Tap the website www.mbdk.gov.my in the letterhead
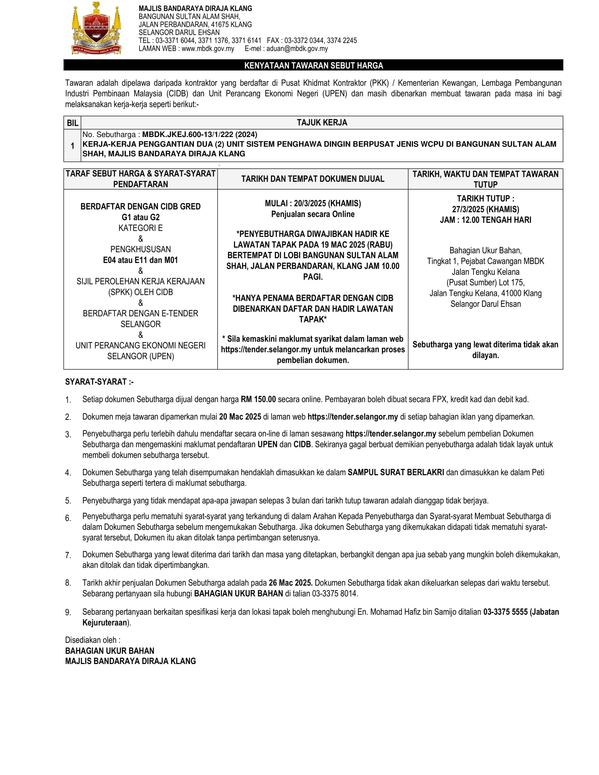click(x=208, y=49)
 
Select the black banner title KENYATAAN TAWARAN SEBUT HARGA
click(x=313, y=65)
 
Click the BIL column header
click(x=72, y=123)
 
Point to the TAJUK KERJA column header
click(x=322, y=123)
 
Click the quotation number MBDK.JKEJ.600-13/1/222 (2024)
click(x=199, y=135)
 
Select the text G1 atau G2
click(x=141, y=217)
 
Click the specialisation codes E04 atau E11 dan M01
click(x=141, y=260)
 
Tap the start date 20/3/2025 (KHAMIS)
click(x=327, y=203)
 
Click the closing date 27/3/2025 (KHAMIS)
click(x=485, y=209)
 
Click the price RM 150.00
click(x=258, y=399)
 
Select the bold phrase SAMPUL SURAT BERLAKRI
click(x=396, y=472)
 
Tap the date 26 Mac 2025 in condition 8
click(x=290, y=583)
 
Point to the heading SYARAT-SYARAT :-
click(x=99, y=382)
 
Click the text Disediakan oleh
click(x=92, y=640)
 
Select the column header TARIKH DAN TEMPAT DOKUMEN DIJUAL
click(x=313, y=179)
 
